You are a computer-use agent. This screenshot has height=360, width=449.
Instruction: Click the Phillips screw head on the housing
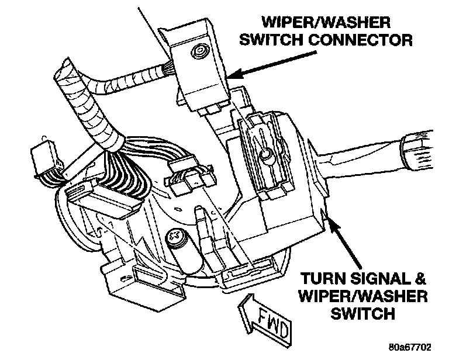pos(175,237)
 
